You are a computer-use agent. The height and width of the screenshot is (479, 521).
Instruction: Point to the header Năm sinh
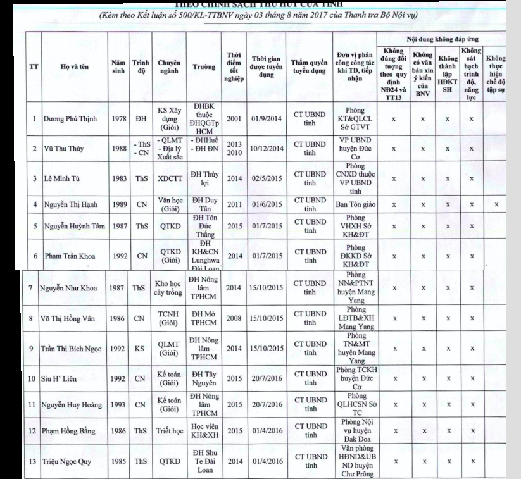pyautogui.click(x=116, y=66)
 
